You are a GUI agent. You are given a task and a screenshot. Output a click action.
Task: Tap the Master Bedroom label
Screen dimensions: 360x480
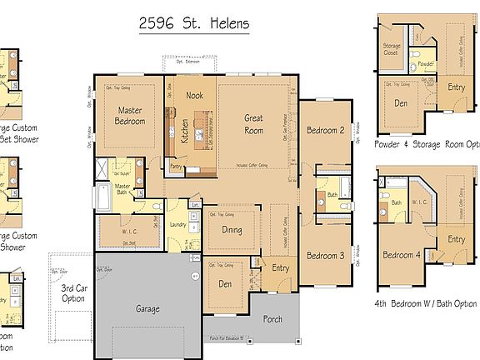tap(130, 116)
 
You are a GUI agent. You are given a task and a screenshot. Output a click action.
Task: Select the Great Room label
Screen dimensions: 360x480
tap(253, 124)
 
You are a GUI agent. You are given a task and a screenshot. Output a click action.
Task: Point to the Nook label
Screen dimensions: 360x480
tap(194, 96)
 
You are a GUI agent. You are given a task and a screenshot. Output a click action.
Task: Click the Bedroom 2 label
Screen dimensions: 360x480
tap(325, 130)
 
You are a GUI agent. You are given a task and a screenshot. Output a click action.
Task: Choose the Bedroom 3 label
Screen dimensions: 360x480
tap(325, 256)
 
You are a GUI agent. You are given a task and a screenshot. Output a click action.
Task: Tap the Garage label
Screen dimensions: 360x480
tap(147, 308)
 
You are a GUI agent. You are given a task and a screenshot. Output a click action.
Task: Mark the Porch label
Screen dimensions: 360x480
tap(272, 318)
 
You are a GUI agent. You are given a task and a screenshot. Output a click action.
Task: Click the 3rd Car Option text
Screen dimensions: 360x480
tap(73, 292)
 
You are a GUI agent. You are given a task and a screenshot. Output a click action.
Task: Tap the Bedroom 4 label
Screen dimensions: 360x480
tap(400, 255)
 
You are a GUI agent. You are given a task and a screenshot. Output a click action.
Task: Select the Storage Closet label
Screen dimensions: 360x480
tap(392, 50)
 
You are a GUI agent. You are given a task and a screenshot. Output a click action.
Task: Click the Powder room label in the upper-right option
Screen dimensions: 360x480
tap(425, 64)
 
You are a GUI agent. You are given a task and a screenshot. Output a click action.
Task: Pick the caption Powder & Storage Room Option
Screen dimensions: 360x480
tap(425, 142)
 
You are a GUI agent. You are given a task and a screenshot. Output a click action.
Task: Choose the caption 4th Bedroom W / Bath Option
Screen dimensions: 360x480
tap(425, 303)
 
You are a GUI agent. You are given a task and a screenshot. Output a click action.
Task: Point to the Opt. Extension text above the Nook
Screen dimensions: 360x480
tap(191, 61)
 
